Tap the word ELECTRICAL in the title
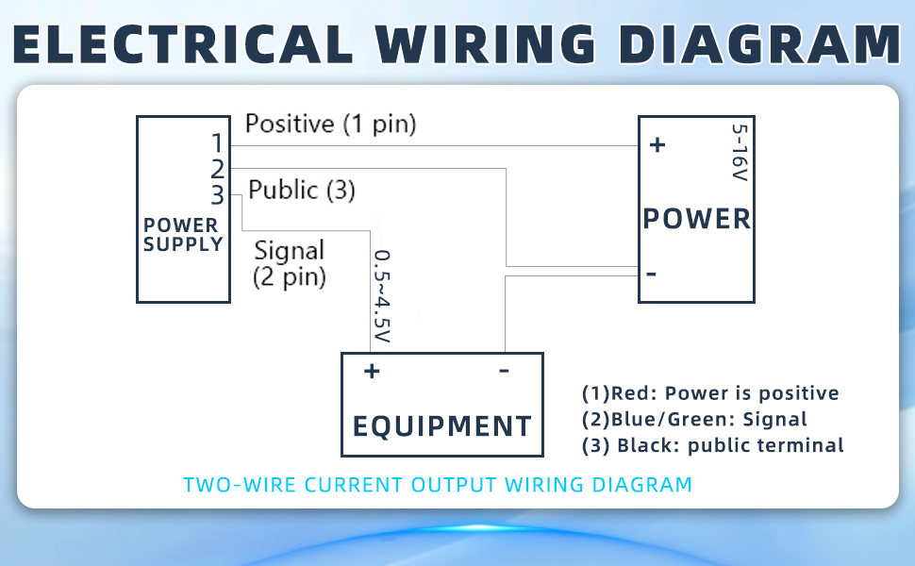(x=183, y=44)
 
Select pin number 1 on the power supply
(x=217, y=143)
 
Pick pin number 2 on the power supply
(x=217, y=169)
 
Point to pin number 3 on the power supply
(x=217, y=195)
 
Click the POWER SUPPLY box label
(x=183, y=235)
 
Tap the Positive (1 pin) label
(x=330, y=124)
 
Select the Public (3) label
(x=302, y=191)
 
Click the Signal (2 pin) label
(x=290, y=264)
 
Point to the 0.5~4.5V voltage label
(x=382, y=296)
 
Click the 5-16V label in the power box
(x=740, y=152)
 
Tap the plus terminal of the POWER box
(x=657, y=144)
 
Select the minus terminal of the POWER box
(x=651, y=273)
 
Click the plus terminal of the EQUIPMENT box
(x=372, y=371)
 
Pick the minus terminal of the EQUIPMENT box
(x=504, y=370)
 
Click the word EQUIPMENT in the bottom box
(x=442, y=426)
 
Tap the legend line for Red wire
(x=710, y=393)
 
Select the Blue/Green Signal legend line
(x=694, y=420)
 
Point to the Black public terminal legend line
(x=712, y=446)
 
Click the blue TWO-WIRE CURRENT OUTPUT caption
(x=438, y=485)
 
